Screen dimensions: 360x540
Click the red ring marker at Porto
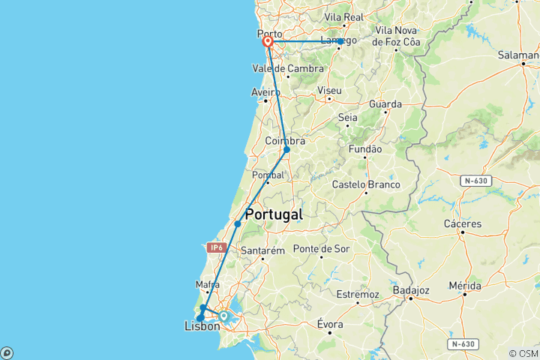[267, 42]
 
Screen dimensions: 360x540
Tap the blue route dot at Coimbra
[286, 149]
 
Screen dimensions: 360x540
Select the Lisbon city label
[202, 326]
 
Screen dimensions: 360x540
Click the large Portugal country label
[274, 214]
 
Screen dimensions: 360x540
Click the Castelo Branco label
[367, 184]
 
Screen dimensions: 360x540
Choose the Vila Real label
[343, 16]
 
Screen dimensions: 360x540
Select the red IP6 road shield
[217, 247]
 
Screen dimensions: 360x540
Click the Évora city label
[330, 324]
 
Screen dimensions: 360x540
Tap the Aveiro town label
[265, 92]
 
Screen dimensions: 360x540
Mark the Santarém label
[262, 250]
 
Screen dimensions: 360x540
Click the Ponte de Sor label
[322, 248]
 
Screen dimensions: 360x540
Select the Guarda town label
[385, 103]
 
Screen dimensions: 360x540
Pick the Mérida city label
[466, 286]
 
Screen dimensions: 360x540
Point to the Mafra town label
[207, 284]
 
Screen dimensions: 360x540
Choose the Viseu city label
[329, 90]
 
